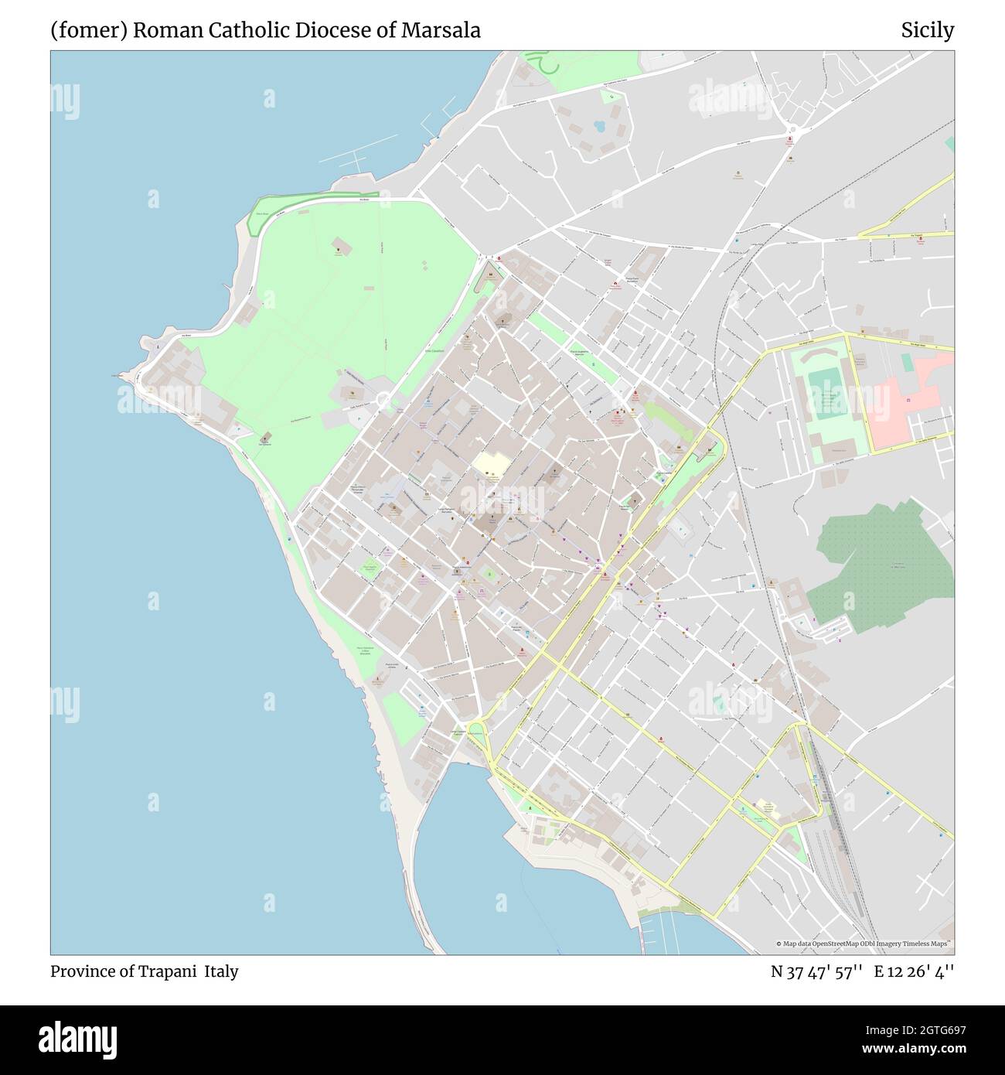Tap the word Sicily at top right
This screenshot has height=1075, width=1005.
[927, 30]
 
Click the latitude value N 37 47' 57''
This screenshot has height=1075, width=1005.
[816, 971]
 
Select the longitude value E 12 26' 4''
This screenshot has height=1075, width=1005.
[914, 971]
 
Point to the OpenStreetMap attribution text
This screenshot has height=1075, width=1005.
[864, 944]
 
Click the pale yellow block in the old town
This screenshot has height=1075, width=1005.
[492, 464]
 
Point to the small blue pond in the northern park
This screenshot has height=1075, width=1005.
[598, 125]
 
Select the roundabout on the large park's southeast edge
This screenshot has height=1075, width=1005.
[383, 400]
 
